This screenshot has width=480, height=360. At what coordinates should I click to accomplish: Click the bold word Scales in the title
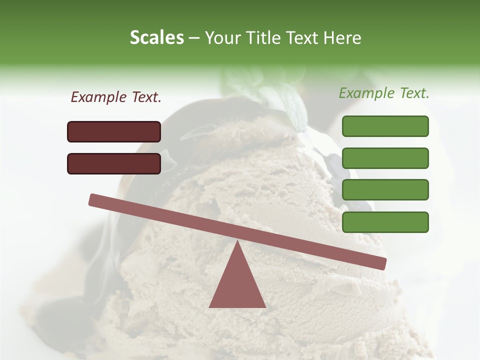[x=156, y=38]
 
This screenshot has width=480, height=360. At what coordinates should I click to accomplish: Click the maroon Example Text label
[x=116, y=97]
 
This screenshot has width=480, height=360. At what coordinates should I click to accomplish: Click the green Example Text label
[x=384, y=93]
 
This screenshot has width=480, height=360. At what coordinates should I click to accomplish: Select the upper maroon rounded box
[x=114, y=131]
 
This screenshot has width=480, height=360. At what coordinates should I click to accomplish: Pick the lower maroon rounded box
[x=114, y=163]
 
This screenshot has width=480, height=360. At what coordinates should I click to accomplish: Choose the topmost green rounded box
[x=385, y=126]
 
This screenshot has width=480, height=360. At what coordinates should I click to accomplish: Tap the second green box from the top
[x=385, y=158]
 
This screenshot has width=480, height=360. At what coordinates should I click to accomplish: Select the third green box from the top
[x=385, y=190]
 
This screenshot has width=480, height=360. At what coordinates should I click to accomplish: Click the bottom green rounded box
[x=385, y=222]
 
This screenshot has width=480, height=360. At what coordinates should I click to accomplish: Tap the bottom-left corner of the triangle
[x=210, y=306]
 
